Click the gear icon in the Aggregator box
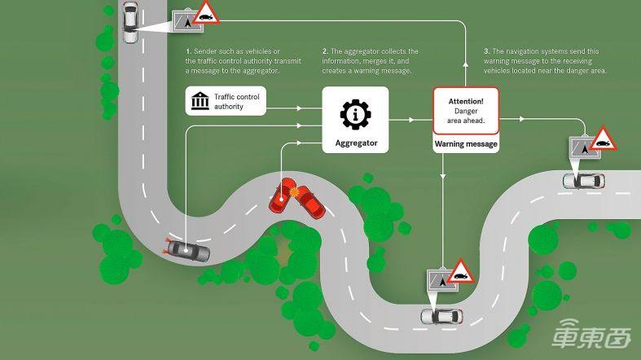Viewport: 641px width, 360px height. coord(355,114)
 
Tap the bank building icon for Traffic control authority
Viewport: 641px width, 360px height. coord(200,100)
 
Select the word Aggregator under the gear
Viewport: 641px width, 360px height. coord(356,143)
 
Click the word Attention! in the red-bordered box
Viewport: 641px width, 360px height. coord(466,101)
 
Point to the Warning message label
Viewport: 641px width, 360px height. coord(466,144)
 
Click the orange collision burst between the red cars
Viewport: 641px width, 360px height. coord(293,191)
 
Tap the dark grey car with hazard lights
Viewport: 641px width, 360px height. coord(187,250)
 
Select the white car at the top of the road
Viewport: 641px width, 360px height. coord(130,22)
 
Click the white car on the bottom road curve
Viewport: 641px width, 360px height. coord(441,316)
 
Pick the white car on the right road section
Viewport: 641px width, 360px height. coord(584,181)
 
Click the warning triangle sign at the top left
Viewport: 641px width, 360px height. coord(205,13)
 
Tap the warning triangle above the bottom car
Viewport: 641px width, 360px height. coord(461,272)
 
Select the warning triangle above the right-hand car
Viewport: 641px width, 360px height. coord(604,139)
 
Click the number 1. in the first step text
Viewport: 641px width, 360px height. coord(188,51)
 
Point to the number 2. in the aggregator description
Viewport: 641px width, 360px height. coord(326,51)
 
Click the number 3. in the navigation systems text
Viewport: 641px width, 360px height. coord(486,51)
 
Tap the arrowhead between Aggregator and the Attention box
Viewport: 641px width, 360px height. coord(411,120)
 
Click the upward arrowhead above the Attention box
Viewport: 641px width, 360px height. coord(466,64)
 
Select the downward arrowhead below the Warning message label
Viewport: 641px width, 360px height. coord(443,176)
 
